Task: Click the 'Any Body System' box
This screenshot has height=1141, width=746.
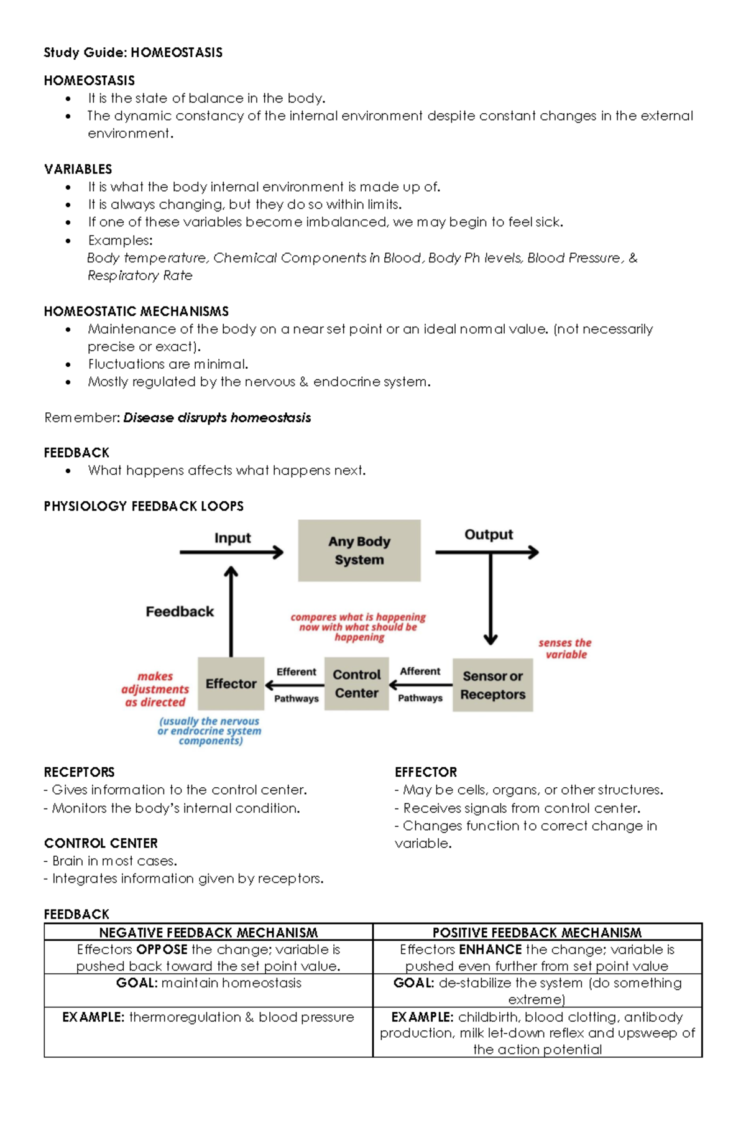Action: (x=359, y=550)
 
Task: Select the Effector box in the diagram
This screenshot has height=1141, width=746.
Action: (x=231, y=683)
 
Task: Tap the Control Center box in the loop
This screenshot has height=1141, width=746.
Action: (x=356, y=683)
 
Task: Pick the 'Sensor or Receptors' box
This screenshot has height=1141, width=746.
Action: (x=492, y=685)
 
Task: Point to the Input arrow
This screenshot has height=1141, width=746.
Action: (x=231, y=552)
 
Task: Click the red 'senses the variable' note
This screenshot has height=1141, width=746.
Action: (x=565, y=648)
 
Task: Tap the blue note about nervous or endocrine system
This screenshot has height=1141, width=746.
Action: (x=210, y=731)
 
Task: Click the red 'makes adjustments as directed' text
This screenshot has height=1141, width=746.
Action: (x=155, y=689)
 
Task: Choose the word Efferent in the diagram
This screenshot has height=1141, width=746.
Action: (x=296, y=672)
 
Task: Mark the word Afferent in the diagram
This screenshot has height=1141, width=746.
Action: (x=420, y=671)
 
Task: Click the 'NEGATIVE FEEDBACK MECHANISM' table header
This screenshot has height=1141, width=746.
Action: (x=208, y=932)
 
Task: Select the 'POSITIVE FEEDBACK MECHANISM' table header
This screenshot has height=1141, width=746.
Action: (x=537, y=932)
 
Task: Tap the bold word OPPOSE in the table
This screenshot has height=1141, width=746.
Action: (x=162, y=949)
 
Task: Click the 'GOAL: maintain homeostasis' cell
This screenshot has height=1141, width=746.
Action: (x=208, y=983)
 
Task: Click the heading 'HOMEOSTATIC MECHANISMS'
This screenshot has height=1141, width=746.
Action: (x=136, y=311)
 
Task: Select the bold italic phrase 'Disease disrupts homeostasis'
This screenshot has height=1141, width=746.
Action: (x=217, y=417)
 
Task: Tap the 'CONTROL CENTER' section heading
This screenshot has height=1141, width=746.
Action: (x=101, y=843)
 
